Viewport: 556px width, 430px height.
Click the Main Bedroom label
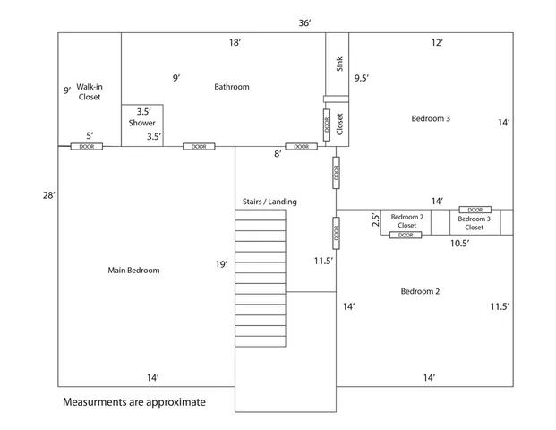click(x=133, y=270)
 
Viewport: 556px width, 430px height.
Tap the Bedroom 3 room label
click(x=431, y=118)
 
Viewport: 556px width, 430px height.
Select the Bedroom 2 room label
click(x=420, y=291)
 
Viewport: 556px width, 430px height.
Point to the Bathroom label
click(x=232, y=87)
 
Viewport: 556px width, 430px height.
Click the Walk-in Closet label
click(x=89, y=91)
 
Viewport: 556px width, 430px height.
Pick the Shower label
click(x=141, y=123)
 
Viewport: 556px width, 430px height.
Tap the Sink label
click(x=339, y=64)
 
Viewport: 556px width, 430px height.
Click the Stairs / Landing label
click(x=269, y=202)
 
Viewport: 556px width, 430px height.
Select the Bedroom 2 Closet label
click(x=407, y=221)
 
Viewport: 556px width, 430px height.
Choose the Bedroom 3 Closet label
click(x=475, y=223)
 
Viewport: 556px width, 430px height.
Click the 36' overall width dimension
click(x=305, y=22)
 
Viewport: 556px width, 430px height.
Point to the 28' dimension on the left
click(x=48, y=195)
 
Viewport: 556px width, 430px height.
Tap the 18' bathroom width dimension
click(x=235, y=42)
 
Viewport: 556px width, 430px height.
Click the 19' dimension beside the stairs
click(x=221, y=264)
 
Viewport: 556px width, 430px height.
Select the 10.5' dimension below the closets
click(x=460, y=243)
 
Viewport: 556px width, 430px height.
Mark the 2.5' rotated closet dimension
click(x=376, y=219)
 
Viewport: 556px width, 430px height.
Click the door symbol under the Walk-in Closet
click(x=87, y=146)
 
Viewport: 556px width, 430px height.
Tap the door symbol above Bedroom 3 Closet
click(x=475, y=210)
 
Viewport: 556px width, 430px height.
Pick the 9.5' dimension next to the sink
click(x=362, y=78)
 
